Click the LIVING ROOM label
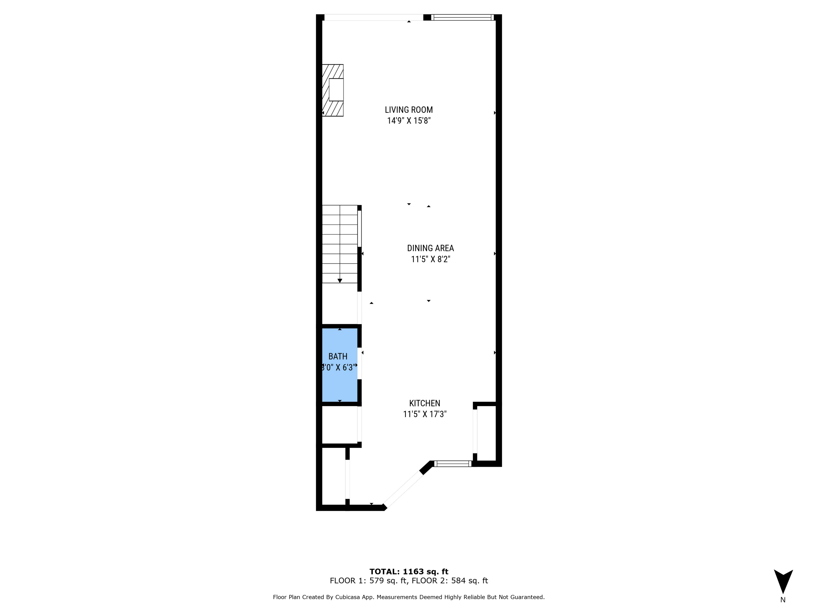point(409,110)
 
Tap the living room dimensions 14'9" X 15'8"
point(409,121)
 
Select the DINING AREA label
point(430,248)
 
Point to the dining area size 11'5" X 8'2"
point(430,259)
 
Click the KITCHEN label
point(425,403)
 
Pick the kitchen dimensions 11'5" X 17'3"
point(425,414)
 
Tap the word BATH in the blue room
point(338,356)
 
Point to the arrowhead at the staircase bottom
point(339,281)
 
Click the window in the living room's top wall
point(462,17)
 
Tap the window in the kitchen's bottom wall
point(453,463)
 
